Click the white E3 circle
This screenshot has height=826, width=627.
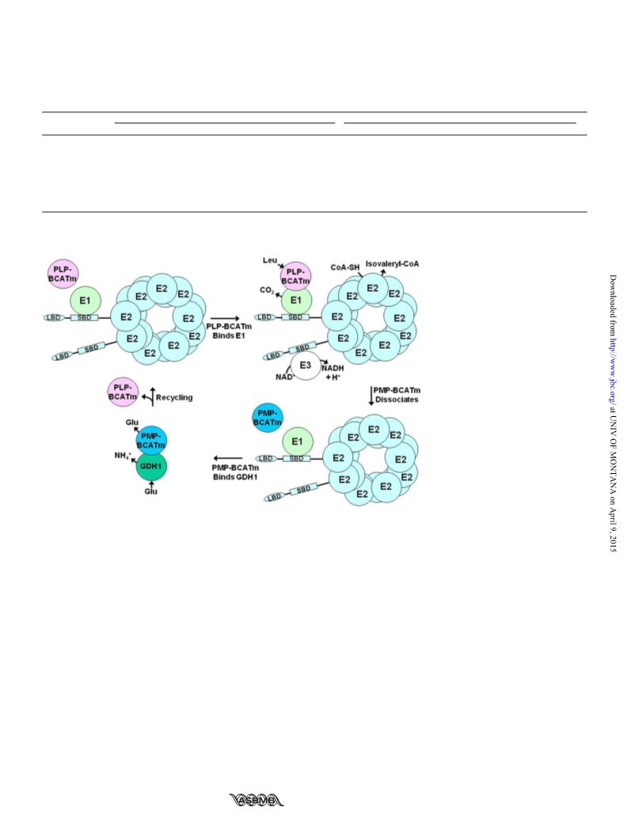click(306, 366)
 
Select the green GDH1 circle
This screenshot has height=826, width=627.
click(151, 466)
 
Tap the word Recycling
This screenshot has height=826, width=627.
click(174, 398)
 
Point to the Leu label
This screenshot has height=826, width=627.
click(270, 260)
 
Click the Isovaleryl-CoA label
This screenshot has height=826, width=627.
click(392, 264)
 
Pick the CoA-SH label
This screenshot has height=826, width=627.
click(345, 267)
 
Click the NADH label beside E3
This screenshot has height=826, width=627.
click(333, 368)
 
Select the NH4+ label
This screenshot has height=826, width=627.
click(123, 456)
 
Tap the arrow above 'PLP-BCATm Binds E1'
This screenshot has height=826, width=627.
click(225, 319)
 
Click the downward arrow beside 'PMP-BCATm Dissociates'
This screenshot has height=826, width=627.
click(371, 396)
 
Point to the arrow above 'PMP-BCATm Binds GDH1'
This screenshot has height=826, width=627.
click(228, 459)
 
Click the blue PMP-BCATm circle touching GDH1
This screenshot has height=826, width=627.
click(151, 441)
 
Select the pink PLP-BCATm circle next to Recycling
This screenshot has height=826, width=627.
click(123, 392)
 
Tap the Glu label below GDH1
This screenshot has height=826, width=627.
click(150, 491)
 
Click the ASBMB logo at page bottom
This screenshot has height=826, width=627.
click(256, 800)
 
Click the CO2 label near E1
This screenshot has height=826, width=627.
click(266, 290)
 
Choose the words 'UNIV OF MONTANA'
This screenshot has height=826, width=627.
click(613, 453)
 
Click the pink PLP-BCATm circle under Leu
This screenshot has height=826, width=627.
click(295, 277)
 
